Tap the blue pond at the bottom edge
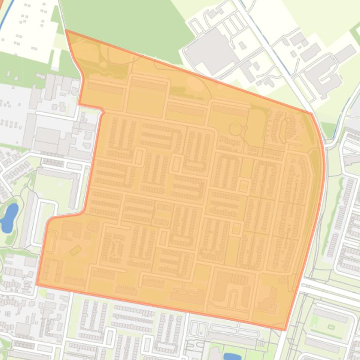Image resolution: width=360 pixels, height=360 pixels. point(232,357)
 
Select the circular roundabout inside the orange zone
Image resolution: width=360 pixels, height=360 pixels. point(235,128)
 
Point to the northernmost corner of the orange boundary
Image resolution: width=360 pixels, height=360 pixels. point(66,30)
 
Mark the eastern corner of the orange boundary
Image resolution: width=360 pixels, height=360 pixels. point(311,114)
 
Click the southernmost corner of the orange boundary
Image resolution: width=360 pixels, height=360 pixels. point(285,330)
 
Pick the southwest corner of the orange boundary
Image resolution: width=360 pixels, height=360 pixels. point(37,284)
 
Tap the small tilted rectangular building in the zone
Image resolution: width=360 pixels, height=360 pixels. point(75,250)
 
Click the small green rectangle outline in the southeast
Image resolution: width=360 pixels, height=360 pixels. point(331,327)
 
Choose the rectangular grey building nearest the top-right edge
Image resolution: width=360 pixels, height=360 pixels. point(345,53)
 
